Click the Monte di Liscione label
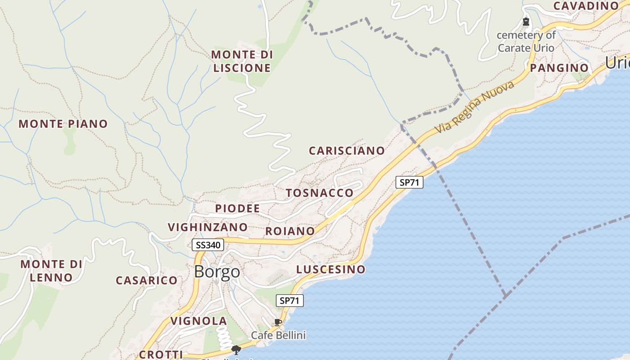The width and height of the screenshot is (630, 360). pyautogui.click(x=242, y=61)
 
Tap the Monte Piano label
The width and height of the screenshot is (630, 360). pyautogui.click(x=63, y=124)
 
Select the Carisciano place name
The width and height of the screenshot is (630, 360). pyautogui.click(x=346, y=151)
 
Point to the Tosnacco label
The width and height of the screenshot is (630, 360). pyautogui.click(x=319, y=193)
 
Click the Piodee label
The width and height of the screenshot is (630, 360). pyautogui.click(x=238, y=208)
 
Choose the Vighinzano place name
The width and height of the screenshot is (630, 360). pyautogui.click(x=208, y=227)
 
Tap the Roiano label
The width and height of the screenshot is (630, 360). pyautogui.click(x=290, y=231)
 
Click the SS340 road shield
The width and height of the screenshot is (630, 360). pyautogui.click(x=207, y=245)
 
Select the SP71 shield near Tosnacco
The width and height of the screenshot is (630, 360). pyautogui.click(x=409, y=182)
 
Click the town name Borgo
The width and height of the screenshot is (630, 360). pyautogui.click(x=217, y=272)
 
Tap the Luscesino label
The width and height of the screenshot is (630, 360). pyautogui.click(x=331, y=270)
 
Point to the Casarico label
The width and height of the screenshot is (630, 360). pyautogui.click(x=147, y=280)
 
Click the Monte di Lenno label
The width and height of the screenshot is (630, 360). pyautogui.click(x=52, y=270)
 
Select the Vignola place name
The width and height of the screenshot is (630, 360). pyautogui.click(x=198, y=321)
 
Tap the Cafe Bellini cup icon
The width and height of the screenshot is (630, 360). pyautogui.click(x=278, y=322)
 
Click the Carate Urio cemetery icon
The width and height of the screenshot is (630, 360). pyautogui.click(x=526, y=21)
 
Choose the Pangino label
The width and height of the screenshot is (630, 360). pyautogui.click(x=559, y=68)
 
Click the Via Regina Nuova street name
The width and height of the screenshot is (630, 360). pyautogui.click(x=474, y=107)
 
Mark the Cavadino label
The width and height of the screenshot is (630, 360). pyautogui.click(x=586, y=6)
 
